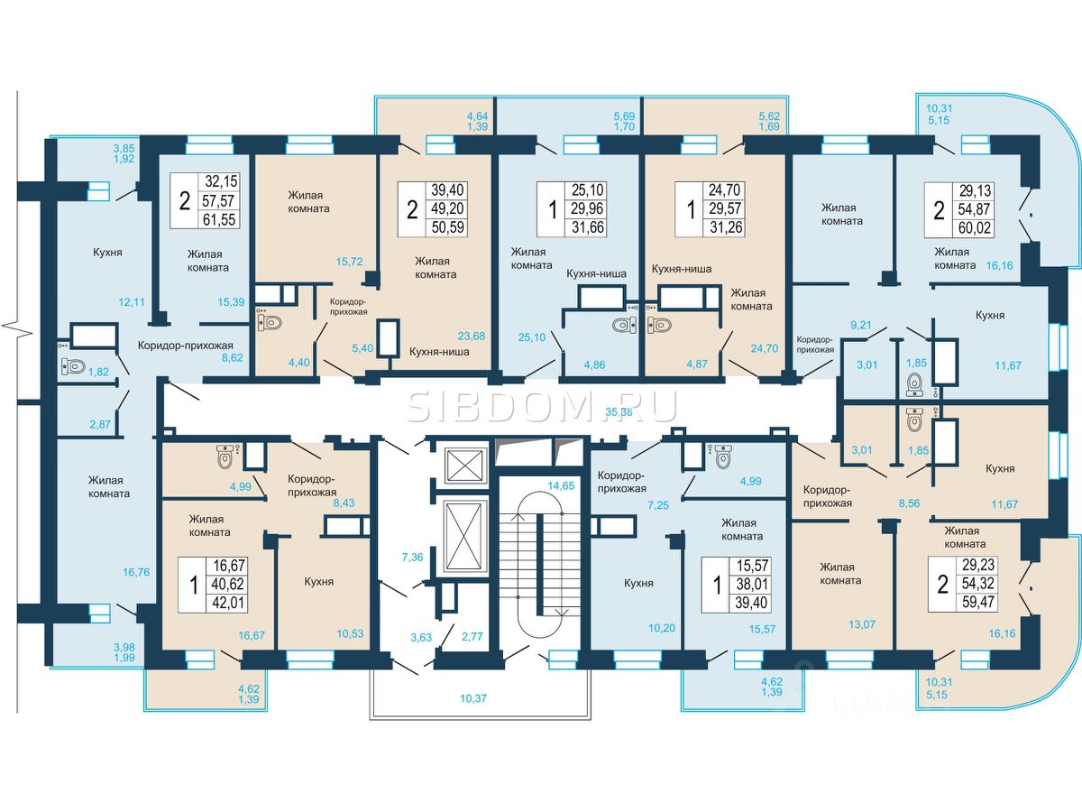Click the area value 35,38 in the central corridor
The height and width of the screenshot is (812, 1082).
coord(619,411)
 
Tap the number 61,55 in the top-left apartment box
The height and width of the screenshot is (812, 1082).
coord(219,219)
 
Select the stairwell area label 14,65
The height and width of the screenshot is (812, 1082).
coord(561,485)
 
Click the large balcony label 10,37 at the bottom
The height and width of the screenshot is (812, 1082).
coord(473,698)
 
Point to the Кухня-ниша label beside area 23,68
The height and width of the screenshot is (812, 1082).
coord(439,352)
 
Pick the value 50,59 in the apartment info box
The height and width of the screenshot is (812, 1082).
coord(447,227)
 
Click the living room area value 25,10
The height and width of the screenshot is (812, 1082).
coord(532,337)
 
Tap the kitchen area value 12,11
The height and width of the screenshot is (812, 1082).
coord(132,301)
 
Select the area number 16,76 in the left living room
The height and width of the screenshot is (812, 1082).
coord(136,572)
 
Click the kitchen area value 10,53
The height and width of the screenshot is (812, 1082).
coord(350,633)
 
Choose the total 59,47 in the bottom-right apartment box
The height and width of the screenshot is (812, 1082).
coord(978,602)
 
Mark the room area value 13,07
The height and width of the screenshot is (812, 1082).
coord(862,624)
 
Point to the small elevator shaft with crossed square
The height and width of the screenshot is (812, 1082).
coord(466,466)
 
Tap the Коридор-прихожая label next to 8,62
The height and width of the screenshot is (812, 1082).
coord(186,346)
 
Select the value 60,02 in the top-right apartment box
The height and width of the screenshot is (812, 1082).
coord(975,227)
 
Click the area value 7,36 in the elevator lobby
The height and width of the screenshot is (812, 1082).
coord(412,557)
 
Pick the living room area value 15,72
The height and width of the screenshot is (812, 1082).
coord(350,262)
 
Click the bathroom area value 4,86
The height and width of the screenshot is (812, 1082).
coord(594,364)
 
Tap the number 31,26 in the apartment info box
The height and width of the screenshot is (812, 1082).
coord(726,227)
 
